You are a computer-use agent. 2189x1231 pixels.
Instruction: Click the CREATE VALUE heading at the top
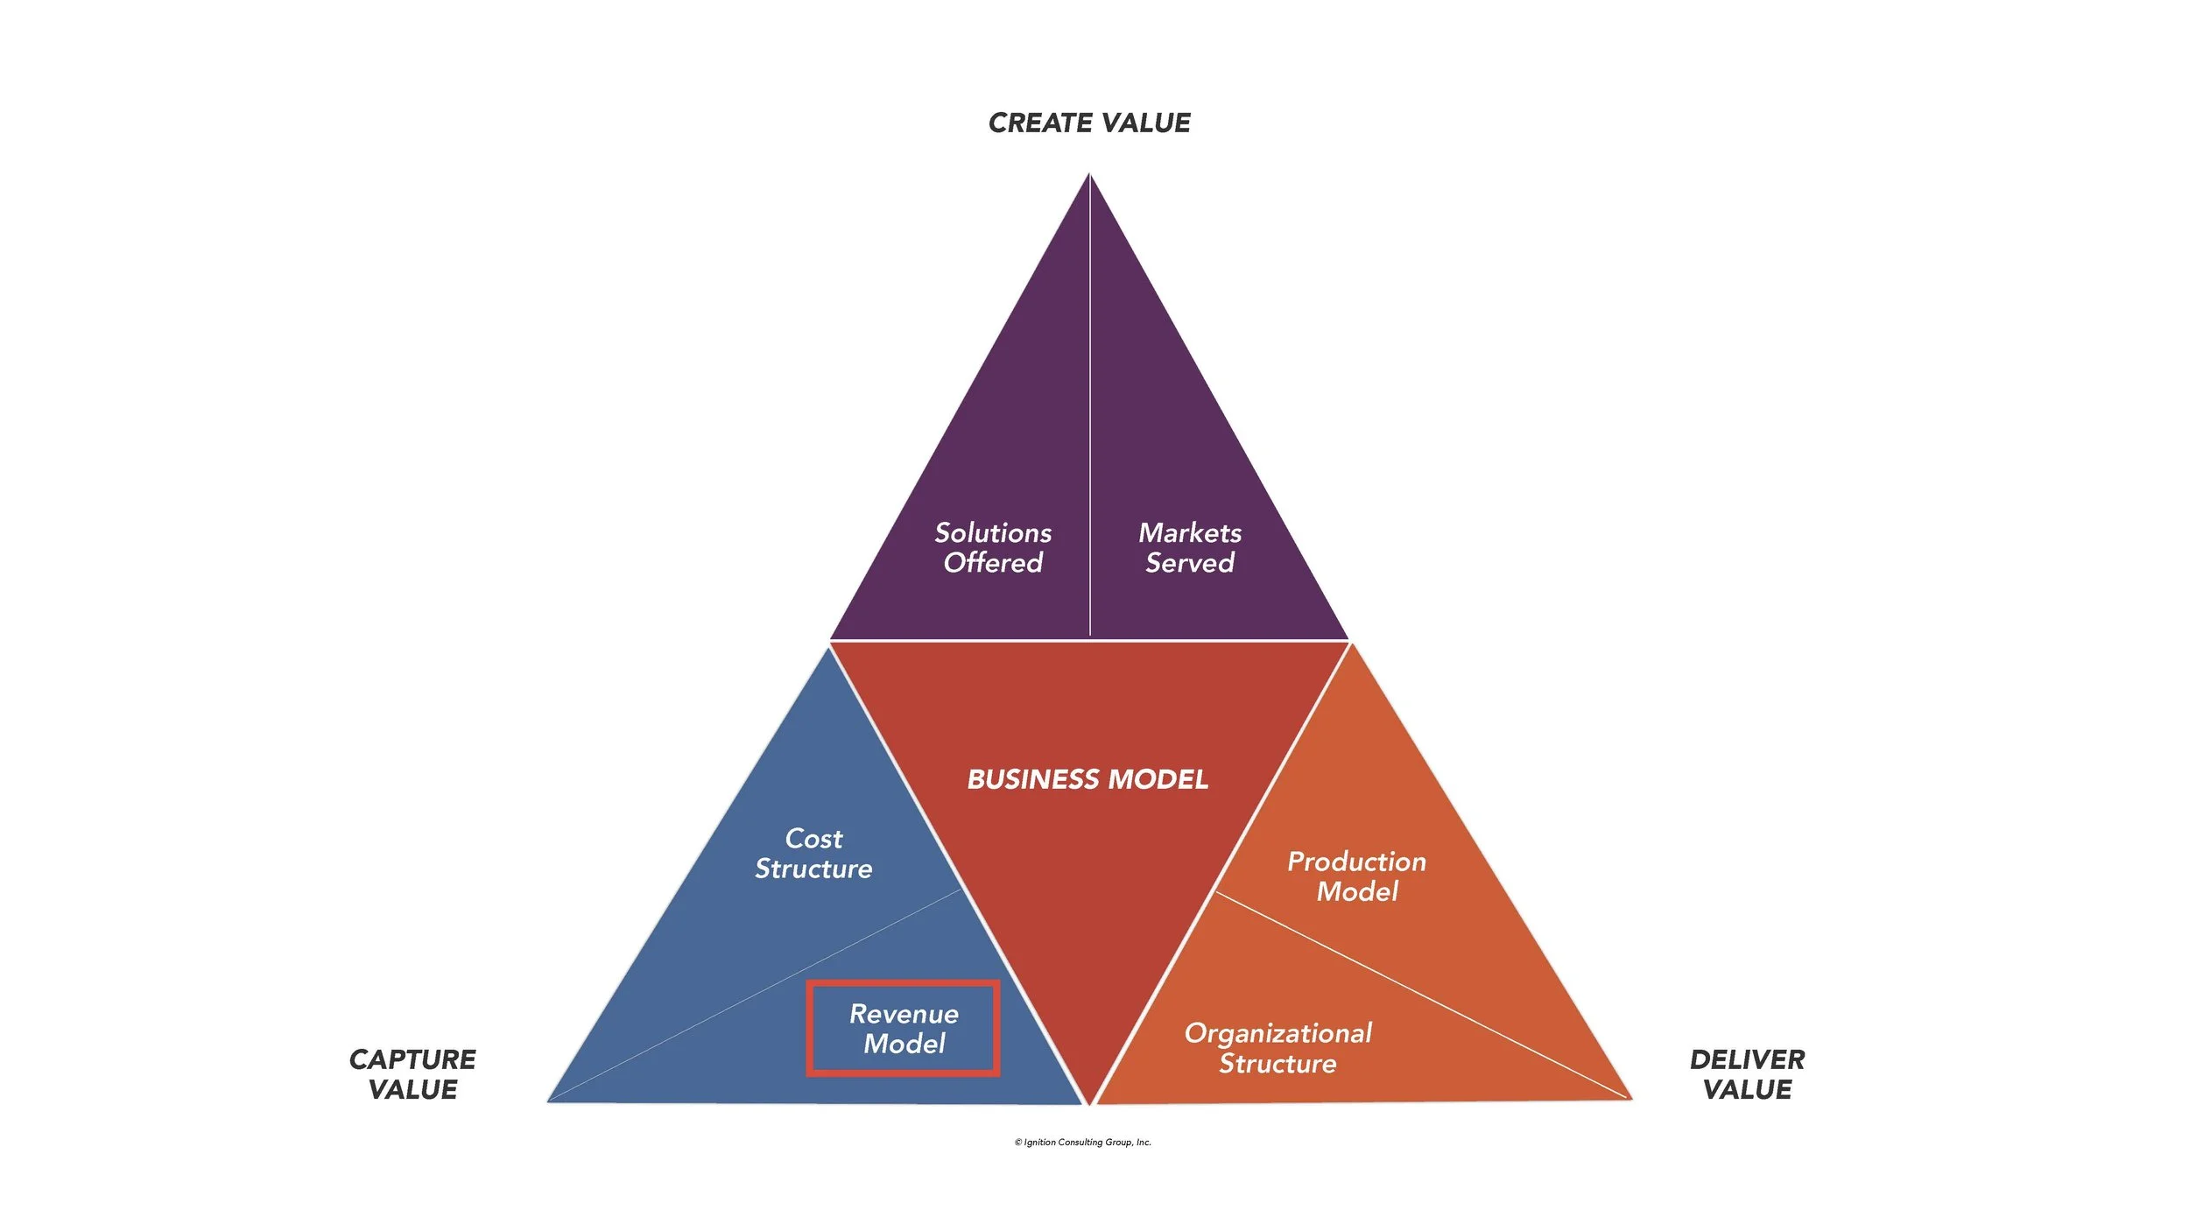1088,123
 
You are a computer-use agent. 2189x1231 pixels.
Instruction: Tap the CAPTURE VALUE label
412,1073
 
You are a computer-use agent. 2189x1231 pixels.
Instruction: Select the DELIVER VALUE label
1747,1073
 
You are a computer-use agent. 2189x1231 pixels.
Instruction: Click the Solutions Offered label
993,547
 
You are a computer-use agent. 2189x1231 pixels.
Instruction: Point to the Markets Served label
1190,547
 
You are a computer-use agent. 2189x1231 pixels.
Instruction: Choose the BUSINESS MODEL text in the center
1087,778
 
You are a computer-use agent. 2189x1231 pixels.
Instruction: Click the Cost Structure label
813,853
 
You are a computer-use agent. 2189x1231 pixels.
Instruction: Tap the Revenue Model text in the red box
904,1028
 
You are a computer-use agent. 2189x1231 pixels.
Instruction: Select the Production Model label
1356,876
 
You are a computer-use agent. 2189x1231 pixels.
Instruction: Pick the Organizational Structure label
1278,1047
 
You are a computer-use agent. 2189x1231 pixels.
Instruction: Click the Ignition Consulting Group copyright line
1083,1142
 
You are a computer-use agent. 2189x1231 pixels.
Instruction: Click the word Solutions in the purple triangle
993,532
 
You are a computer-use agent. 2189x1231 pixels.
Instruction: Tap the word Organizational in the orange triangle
1278,1033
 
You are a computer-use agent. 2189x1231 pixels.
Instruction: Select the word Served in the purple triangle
1190,562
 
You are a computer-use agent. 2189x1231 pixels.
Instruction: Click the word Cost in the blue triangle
813,838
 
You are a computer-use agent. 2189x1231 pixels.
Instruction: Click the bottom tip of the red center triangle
1089,1101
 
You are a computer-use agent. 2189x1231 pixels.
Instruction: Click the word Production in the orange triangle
1356,862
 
